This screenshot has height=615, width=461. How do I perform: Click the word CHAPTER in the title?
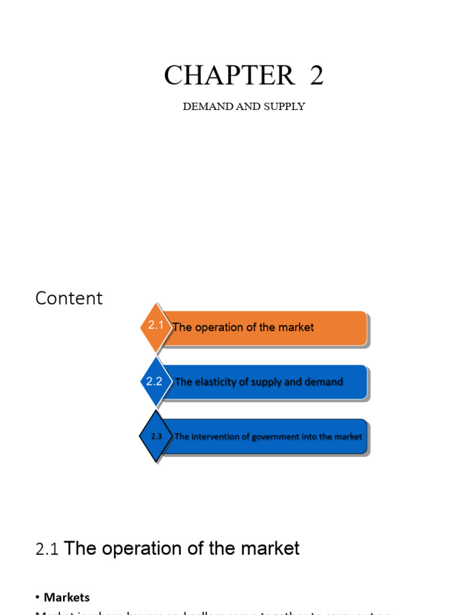coord(229,76)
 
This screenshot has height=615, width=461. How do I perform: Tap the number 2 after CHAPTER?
coord(316,76)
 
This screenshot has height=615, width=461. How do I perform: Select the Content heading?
coord(69,298)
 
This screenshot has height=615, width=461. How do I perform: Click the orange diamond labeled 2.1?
coord(155,326)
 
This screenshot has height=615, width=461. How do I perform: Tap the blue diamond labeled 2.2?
coord(155,381)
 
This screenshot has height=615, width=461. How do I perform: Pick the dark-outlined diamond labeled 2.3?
coord(156,437)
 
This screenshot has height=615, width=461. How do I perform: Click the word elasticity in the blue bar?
coord(217,382)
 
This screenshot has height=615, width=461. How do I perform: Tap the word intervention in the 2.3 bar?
coord(215,437)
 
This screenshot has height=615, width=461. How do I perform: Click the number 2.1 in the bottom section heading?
coord(47,549)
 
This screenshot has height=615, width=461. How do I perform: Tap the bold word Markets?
coord(67,597)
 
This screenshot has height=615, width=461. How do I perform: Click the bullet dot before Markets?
coord(38,598)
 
